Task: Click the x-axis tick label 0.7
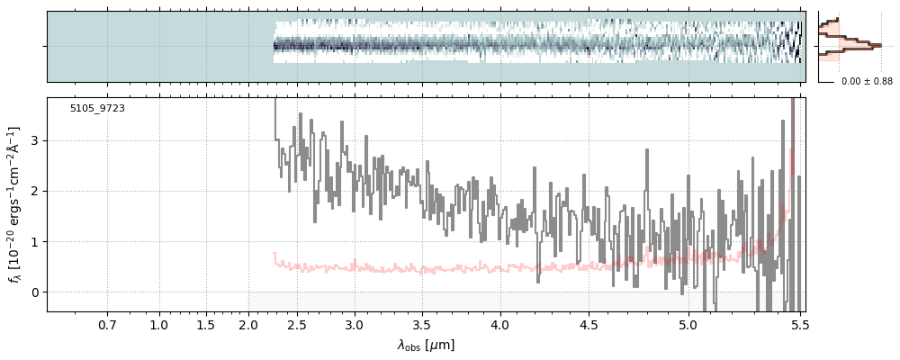(x=107, y=326)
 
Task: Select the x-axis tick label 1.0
(x=159, y=326)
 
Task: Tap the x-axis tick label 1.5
(x=206, y=326)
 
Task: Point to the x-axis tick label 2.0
(x=248, y=326)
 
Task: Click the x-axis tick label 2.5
(x=297, y=326)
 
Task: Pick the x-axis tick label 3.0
(x=355, y=326)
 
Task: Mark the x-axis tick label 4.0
(x=500, y=326)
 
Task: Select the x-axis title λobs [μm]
(x=426, y=345)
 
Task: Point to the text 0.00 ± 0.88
(x=867, y=82)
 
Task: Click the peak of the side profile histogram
(x=880, y=45)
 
